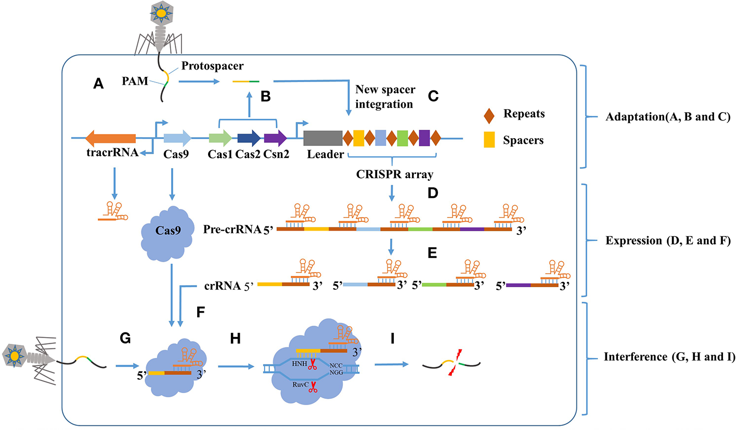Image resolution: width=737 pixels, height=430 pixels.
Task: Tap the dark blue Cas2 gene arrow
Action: coord(249,138)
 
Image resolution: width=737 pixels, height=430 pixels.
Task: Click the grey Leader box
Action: coord(322,138)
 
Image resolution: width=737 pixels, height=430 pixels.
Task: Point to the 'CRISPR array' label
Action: coord(391,173)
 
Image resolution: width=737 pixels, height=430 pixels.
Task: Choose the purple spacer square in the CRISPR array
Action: coord(424,138)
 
